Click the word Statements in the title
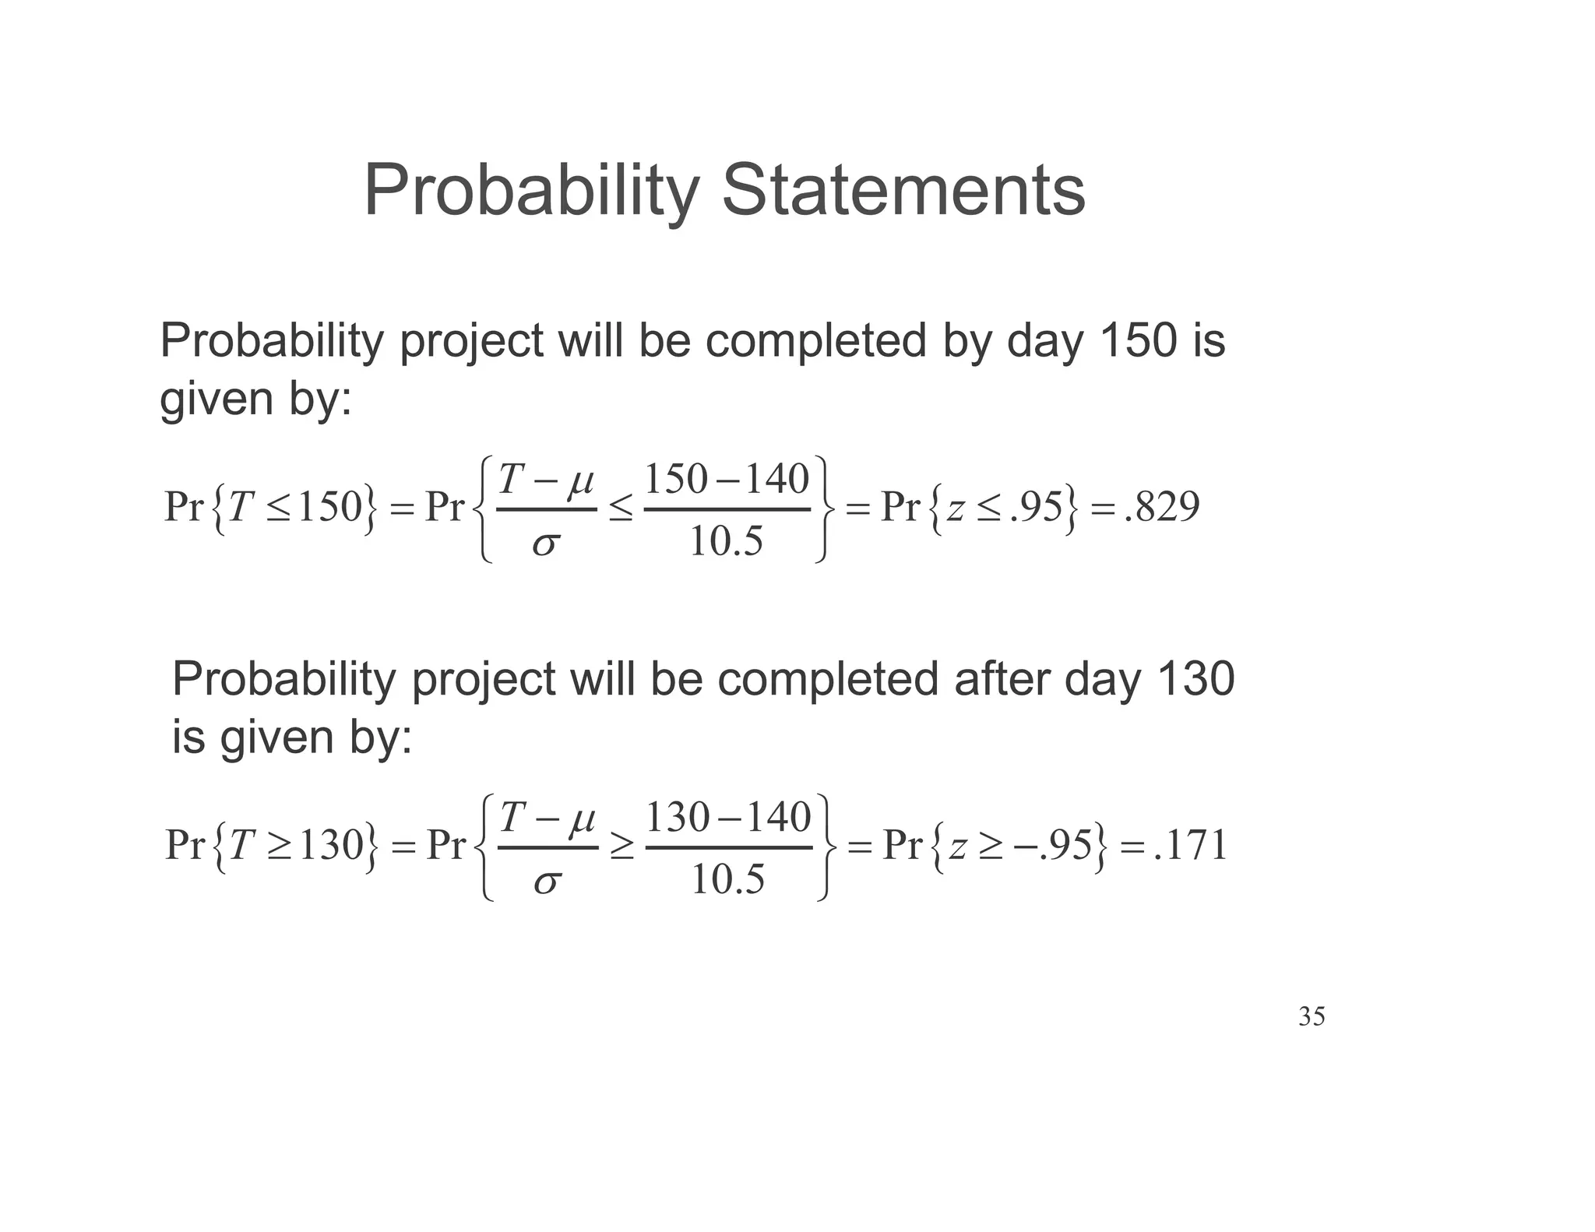pyautogui.click(x=903, y=191)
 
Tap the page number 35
pyautogui.click(x=1312, y=1016)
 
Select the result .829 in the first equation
pyautogui.click(x=1163, y=507)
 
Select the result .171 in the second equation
pyautogui.click(x=1191, y=845)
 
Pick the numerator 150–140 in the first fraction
pyautogui.click(x=727, y=479)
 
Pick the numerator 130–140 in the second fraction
pyautogui.click(x=729, y=818)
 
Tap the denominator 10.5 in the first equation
pyautogui.click(x=727, y=541)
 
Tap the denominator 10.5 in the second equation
pyautogui.click(x=728, y=880)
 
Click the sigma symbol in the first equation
pyautogui.click(x=545, y=544)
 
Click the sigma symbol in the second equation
pyautogui.click(x=547, y=882)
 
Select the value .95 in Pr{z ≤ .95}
pyautogui.click(x=1036, y=507)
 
